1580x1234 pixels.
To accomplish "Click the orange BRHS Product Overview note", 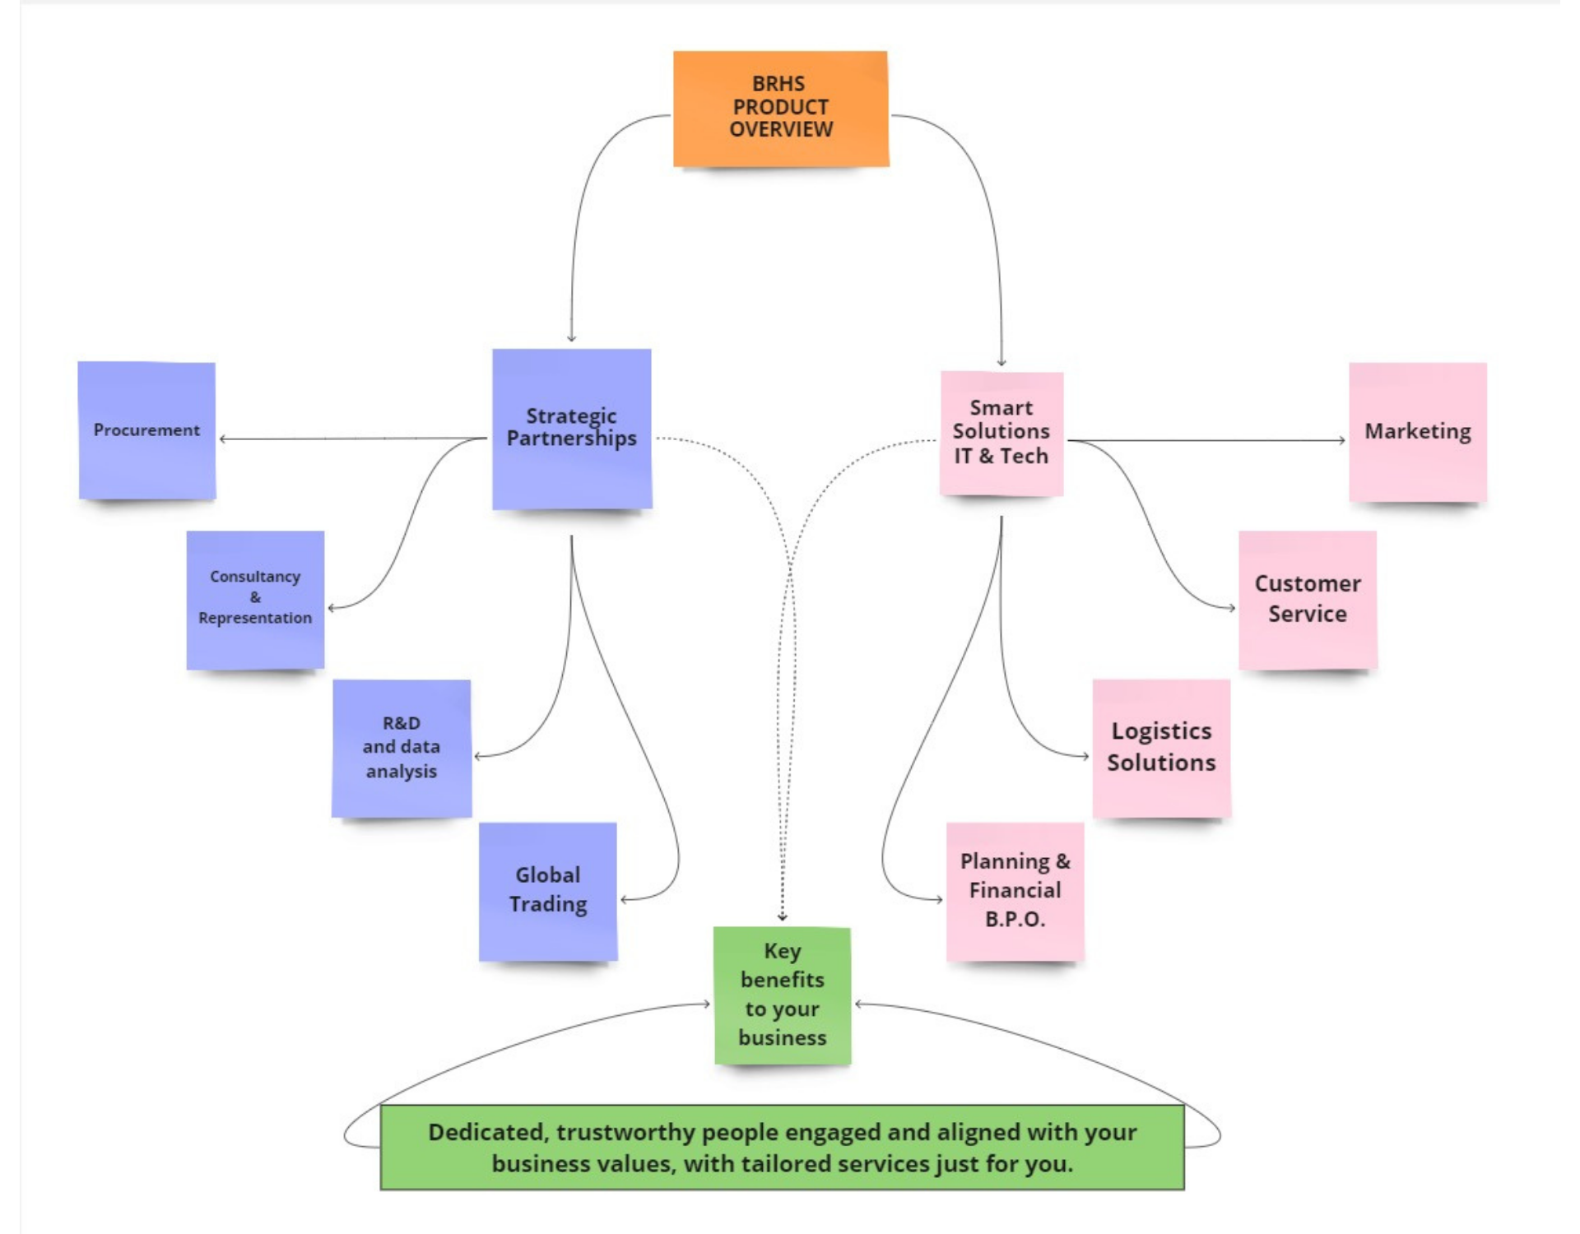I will [x=780, y=109].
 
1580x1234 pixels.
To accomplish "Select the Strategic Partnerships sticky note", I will [x=571, y=429].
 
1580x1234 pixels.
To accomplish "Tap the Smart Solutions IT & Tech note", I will [x=1001, y=433].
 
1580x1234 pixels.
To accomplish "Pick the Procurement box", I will [x=146, y=430].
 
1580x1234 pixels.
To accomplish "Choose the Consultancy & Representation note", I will [x=255, y=599].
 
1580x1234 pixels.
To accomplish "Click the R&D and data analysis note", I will [x=401, y=748].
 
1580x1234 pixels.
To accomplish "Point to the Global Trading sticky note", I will [x=547, y=891].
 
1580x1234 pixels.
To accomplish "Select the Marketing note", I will [x=1417, y=432].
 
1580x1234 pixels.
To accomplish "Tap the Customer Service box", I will [x=1307, y=599].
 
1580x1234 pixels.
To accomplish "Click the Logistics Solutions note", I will [x=1160, y=747].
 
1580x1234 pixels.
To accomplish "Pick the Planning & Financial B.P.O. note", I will [x=1014, y=891].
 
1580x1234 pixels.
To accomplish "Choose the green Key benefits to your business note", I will [x=782, y=995].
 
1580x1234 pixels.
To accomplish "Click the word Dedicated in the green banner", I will [x=487, y=1133].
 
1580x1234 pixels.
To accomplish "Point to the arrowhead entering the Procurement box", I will [x=223, y=439].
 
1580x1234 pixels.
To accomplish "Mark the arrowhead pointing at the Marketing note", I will [x=1341, y=440].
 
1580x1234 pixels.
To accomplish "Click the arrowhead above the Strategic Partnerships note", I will [x=571, y=337].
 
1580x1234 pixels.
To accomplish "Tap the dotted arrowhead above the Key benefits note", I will [x=782, y=917].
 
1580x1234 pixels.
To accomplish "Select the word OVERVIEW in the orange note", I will [x=780, y=130].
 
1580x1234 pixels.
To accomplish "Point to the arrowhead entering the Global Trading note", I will [x=625, y=900].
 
